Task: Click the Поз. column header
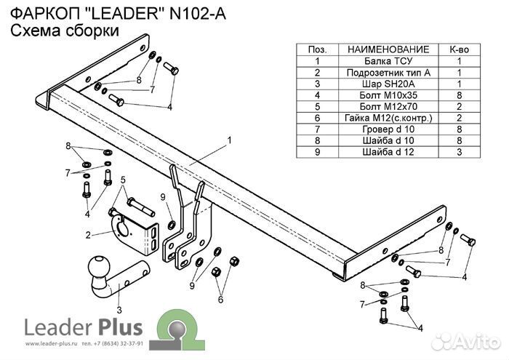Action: pyautogui.click(x=317, y=49)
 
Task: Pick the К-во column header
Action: pyautogui.click(x=460, y=49)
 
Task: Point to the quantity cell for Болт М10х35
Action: pyautogui.click(x=460, y=95)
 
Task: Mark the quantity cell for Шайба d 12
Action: pyautogui.click(x=460, y=151)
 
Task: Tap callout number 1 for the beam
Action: pyautogui.click(x=228, y=139)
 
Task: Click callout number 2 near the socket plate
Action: pyautogui.click(x=87, y=235)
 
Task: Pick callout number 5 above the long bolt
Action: pyautogui.click(x=124, y=180)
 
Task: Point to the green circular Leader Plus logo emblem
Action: pyautogui.click(x=176, y=326)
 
